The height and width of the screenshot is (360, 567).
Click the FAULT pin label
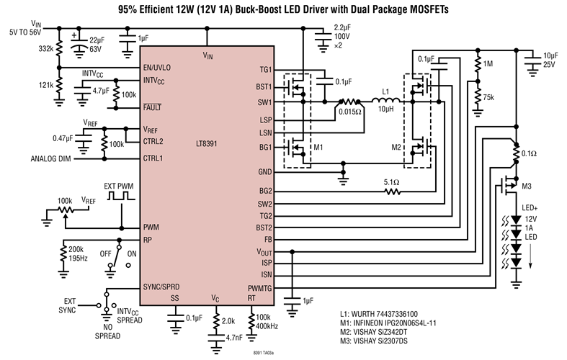click(153, 107)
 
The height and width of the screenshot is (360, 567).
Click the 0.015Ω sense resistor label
click(351, 112)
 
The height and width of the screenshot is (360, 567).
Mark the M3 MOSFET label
click(527, 187)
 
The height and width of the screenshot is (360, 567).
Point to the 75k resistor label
click(490, 97)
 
